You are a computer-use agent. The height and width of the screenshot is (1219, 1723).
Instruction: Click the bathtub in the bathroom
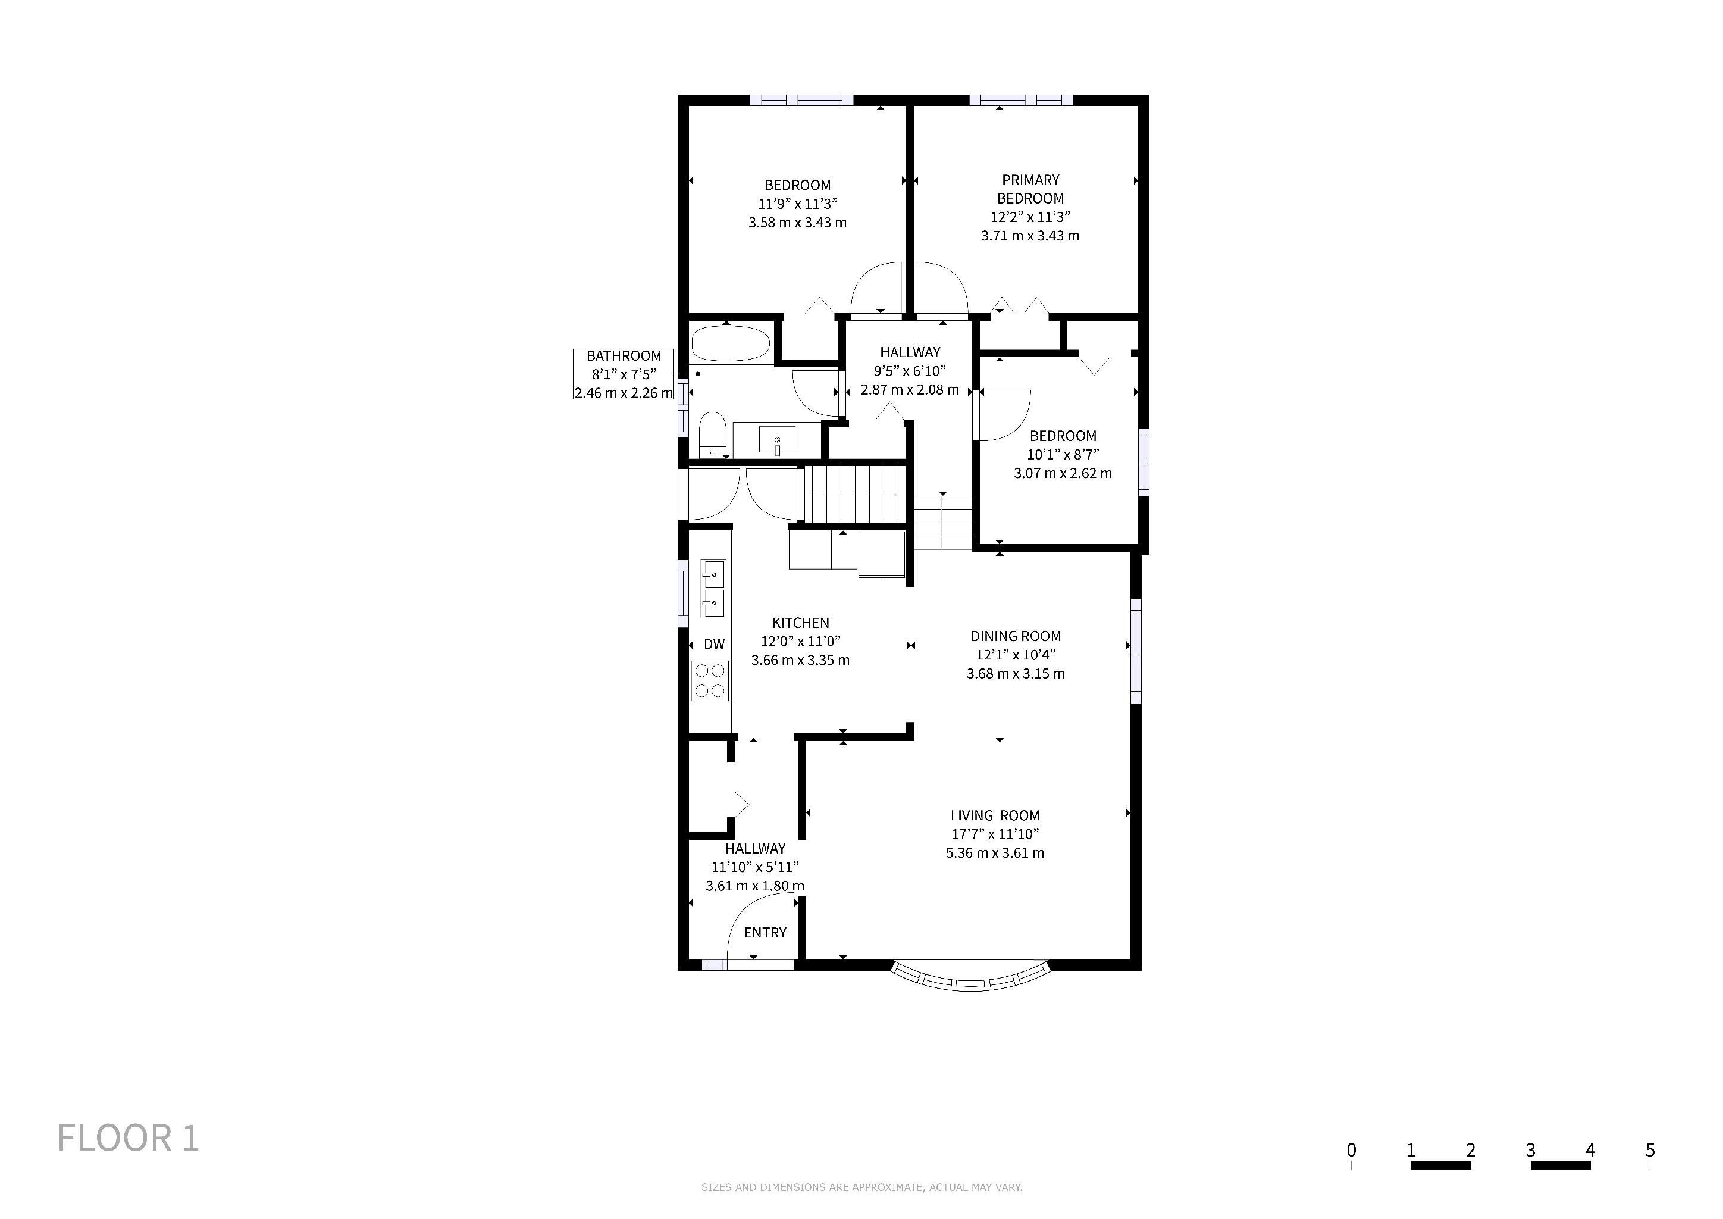tap(730, 345)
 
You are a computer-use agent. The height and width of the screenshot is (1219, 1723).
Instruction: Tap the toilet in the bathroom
tap(712, 435)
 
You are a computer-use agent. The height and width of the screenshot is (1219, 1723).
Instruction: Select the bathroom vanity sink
tap(776, 440)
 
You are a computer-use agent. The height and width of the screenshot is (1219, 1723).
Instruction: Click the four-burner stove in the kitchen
tap(709, 681)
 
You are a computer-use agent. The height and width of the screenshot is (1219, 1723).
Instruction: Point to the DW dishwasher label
tap(715, 644)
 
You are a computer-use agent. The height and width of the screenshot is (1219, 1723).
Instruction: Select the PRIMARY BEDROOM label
tap(1030, 189)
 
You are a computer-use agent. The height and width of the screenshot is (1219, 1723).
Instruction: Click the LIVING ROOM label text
tap(995, 815)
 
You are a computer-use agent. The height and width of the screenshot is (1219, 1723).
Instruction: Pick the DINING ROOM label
tap(1016, 636)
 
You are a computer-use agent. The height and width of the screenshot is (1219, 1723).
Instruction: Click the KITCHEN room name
tap(801, 623)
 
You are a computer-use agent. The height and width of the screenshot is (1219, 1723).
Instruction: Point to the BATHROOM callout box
tap(624, 374)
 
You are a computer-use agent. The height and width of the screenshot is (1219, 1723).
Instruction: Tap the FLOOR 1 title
tap(129, 1138)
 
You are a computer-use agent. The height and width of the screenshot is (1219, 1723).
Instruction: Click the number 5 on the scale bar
tap(1649, 1150)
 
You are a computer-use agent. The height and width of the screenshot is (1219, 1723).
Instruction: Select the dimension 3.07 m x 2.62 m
tap(1063, 473)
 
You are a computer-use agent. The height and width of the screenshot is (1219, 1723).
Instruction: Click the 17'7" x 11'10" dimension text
tap(995, 834)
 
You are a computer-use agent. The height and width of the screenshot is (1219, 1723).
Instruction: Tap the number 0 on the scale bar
tap(1352, 1150)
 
